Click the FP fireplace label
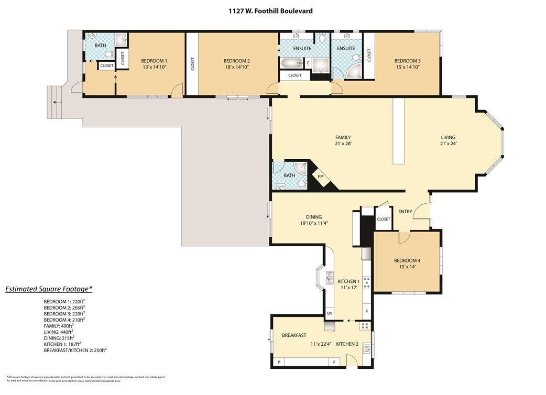point(321,177)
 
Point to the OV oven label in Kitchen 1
point(329,313)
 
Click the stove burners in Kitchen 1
point(367,282)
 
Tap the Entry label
point(405,212)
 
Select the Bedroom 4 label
point(407,260)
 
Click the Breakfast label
point(294,335)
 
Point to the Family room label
point(343,137)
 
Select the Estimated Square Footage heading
point(49,289)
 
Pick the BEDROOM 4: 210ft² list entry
point(64,319)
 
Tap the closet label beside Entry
point(383,219)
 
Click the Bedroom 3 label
point(407,61)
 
